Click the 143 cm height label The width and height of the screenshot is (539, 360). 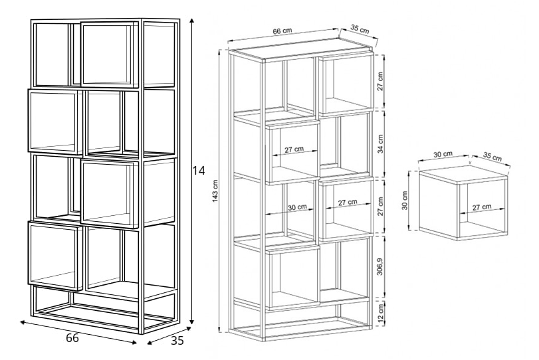click(215, 191)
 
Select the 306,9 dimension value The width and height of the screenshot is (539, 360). click(380, 266)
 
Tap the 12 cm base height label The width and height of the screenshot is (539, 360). click(381, 313)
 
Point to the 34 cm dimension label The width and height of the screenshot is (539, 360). click(380, 144)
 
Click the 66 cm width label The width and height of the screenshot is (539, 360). click(282, 31)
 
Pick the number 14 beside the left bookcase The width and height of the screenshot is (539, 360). click(198, 171)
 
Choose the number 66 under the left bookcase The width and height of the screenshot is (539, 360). click(72, 338)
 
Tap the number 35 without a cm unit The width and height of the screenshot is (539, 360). click(177, 341)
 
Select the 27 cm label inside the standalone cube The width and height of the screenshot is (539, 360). click(482, 207)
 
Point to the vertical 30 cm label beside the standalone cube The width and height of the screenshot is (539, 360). click(404, 201)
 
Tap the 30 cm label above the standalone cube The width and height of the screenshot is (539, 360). click(443, 154)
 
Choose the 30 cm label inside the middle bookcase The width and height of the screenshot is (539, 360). click(297, 207)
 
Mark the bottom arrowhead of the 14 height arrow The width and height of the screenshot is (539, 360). click(192, 322)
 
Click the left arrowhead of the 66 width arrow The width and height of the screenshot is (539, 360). click(23, 322)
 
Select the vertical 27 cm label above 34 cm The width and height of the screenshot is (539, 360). click(380, 82)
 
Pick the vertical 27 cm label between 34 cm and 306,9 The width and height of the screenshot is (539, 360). click(380, 206)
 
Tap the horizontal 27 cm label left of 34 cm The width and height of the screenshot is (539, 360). click(294, 149)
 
